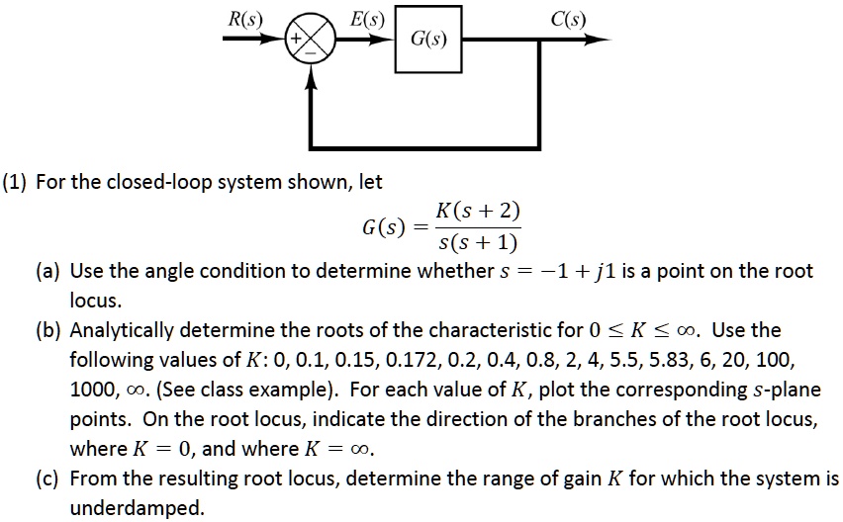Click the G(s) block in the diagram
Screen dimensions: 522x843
(428, 41)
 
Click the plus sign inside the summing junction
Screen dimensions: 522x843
(294, 41)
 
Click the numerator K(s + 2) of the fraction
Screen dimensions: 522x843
(478, 213)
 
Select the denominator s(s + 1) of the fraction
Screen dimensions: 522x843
(478, 242)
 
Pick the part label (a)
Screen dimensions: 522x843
(50, 271)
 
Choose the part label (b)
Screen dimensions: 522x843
(51, 330)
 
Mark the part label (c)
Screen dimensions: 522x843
(50, 479)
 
